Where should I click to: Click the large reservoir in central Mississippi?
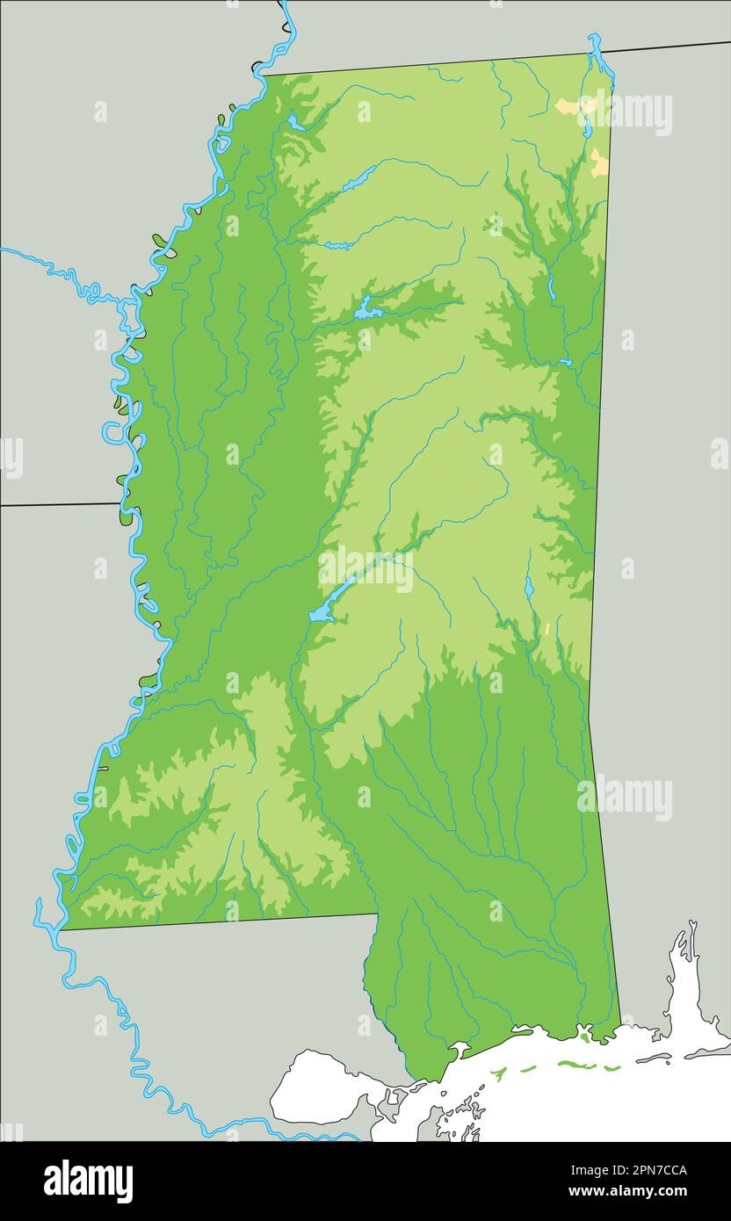pyautogui.click(x=322, y=612)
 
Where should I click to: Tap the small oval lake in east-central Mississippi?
pyautogui.click(x=529, y=587)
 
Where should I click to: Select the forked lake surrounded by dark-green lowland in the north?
pyautogui.click(x=367, y=309)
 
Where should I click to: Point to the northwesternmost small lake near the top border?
pyautogui.click(x=294, y=122)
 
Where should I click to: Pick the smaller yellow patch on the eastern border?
pyautogui.click(x=598, y=163)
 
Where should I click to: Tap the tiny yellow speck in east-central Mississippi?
pyautogui.click(x=547, y=629)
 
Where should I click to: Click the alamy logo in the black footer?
pyautogui.click(x=88, y=1181)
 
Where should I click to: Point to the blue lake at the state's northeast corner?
pyautogui.click(x=597, y=53)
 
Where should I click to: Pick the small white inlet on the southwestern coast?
pyautogui.click(x=459, y=1049)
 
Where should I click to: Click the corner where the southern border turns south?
pyautogui.click(x=378, y=914)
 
